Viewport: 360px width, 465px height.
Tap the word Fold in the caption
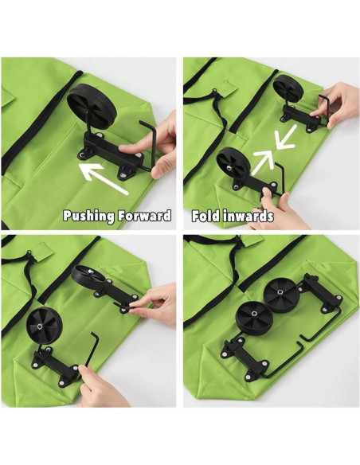coord(205,216)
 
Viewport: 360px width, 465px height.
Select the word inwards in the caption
coord(248,216)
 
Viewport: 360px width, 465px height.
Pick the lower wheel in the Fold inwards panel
coord(233,162)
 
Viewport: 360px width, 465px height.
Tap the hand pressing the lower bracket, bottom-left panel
coord(100,385)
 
